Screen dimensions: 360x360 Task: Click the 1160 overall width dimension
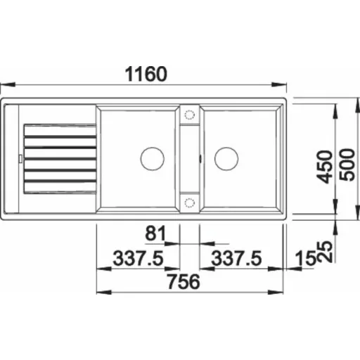[146, 74]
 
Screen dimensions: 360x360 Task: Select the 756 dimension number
[184, 281]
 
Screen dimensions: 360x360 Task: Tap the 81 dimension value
[155, 233]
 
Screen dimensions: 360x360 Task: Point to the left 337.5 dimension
[138, 258]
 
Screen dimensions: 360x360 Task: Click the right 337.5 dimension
[236, 258]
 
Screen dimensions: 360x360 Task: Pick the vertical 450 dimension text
[325, 167]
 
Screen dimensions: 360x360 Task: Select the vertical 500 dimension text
[347, 165]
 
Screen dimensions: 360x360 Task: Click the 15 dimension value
[306, 258]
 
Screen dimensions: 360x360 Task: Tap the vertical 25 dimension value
[325, 252]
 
